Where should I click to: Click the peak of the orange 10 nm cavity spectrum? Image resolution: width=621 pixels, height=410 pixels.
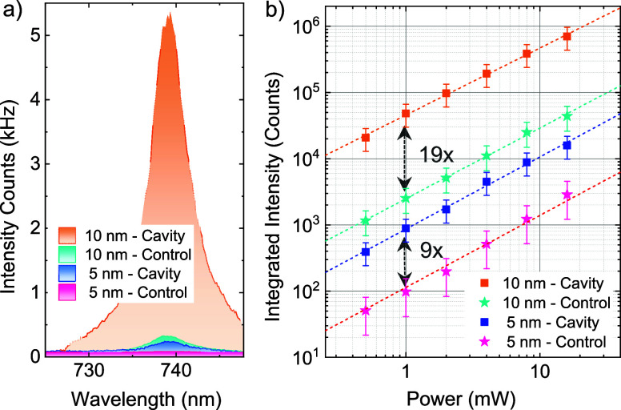(x=169, y=14)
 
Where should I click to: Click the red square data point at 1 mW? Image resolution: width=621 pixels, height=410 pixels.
(x=406, y=114)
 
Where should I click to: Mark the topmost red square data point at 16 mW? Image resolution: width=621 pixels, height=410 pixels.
(x=567, y=37)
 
